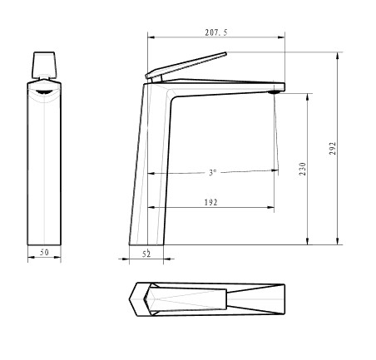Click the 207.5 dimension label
click(216, 32)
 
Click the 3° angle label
click(212, 173)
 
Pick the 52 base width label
click(146, 254)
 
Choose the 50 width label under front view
click(44, 252)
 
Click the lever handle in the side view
click(186, 66)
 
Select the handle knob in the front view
click(44, 65)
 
